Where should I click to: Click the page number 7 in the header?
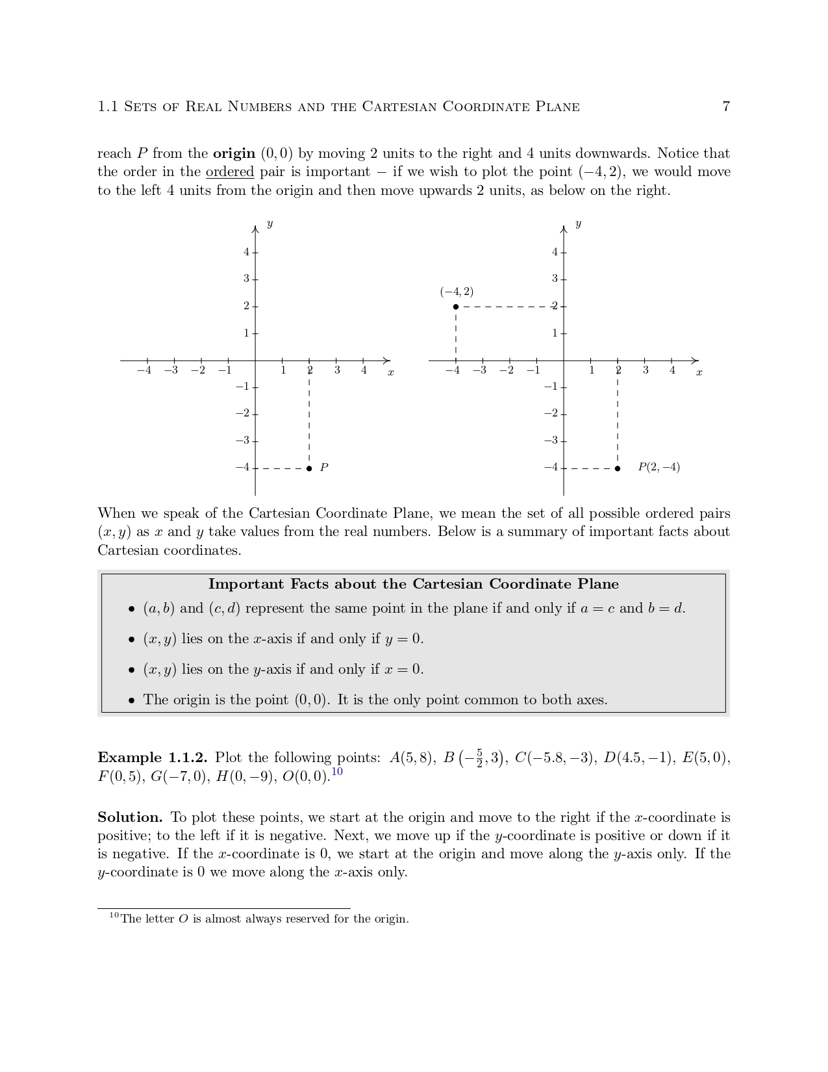[726, 107]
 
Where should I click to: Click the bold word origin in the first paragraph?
[234, 154]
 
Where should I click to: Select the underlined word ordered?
[229, 172]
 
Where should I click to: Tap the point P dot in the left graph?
[309, 468]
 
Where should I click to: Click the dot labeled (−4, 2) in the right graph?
[456, 307]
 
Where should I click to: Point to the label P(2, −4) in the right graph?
[659, 467]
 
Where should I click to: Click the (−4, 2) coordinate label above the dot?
[457, 292]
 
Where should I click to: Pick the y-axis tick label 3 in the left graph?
[246, 279]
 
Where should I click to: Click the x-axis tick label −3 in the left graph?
[171, 370]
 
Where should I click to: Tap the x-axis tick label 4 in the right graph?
[672, 370]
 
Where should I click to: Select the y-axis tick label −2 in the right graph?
[551, 413]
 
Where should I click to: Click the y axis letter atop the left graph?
[270, 224]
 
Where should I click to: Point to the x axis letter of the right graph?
[699, 373]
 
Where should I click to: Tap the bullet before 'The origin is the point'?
[132, 700]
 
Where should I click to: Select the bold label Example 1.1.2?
[153, 758]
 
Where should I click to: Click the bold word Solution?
[130, 817]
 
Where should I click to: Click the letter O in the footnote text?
[182, 919]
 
